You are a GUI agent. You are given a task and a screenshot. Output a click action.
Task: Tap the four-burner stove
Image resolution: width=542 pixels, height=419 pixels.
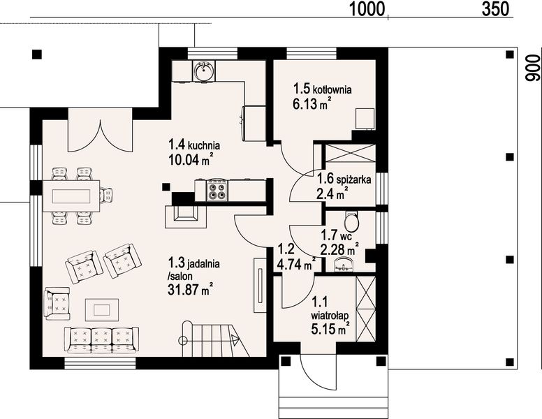[217, 190]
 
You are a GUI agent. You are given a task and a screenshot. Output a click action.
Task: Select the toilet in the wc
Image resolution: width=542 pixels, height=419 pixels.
[352, 221]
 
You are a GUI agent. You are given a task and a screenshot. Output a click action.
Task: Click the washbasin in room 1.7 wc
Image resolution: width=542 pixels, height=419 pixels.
[344, 265]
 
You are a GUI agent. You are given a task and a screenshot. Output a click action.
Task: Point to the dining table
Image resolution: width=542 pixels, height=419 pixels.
[71, 196]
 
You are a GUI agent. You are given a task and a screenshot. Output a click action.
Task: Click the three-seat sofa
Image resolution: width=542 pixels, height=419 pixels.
[102, 340]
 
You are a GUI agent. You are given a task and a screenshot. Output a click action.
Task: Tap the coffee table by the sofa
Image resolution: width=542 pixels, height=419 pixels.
[102, 310]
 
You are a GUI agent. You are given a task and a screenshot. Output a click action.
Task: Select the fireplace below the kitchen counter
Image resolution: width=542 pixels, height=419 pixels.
[186, 216]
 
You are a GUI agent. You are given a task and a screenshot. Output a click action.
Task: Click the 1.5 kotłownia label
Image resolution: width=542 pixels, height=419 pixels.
[323, 89]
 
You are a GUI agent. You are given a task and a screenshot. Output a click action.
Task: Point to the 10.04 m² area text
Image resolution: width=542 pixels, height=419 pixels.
[191, 160]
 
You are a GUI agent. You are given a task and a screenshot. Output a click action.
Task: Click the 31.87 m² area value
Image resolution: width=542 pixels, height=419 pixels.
[190, 289]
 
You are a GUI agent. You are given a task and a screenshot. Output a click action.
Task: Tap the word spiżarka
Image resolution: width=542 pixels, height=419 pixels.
[353, 179]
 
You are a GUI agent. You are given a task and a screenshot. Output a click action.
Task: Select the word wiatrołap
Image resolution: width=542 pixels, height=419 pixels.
[330, 316]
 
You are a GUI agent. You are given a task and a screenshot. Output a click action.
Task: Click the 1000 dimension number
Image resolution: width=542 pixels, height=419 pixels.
[367, 9]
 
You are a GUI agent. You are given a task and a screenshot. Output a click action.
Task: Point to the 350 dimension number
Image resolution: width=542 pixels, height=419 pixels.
[495, 9]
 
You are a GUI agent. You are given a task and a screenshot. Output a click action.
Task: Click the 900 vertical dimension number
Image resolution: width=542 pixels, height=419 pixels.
[532, 68]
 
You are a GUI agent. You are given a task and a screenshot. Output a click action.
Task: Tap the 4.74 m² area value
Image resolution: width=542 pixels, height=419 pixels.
[296, 265]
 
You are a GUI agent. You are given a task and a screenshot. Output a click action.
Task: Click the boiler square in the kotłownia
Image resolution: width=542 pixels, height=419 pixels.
[365, 119]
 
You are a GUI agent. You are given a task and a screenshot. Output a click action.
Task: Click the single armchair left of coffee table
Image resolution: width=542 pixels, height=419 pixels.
[57, 304]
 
